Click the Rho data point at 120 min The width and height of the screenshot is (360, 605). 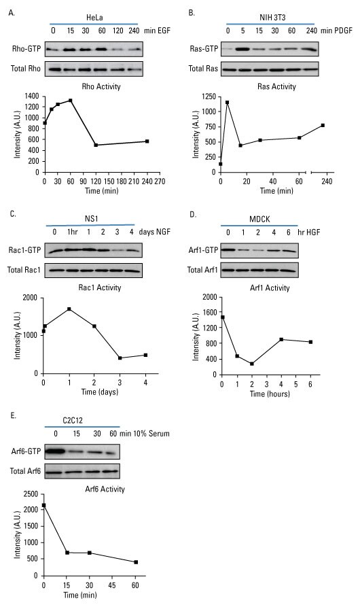[96, 145]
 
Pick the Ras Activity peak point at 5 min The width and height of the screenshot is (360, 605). [227, 103]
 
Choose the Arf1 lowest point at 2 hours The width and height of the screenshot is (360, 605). [251, 364]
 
